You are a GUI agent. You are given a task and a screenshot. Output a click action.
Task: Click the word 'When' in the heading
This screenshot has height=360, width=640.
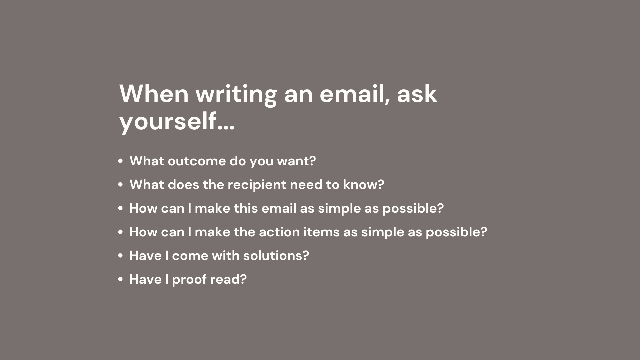[x=154, y=94]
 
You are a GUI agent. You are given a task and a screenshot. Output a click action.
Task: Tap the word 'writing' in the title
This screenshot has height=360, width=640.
[x=236, y=95]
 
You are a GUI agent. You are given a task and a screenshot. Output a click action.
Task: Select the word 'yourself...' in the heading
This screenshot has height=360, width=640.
[x=177, y=122]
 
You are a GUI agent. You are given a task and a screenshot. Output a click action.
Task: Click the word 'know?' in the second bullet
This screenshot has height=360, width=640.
[x=364, y=185]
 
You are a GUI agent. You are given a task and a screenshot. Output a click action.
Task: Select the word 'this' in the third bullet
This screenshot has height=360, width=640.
[x=246, y=208]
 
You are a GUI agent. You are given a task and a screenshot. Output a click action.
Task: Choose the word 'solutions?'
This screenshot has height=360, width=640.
[x=276, y=256]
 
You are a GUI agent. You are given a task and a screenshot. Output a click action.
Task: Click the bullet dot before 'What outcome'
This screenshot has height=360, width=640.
[x=121, y=161]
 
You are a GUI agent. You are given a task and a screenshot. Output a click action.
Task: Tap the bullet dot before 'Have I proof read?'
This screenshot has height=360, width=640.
[x=121, y=280]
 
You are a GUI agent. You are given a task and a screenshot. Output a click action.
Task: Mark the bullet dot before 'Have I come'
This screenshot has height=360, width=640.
[x=121, y=256]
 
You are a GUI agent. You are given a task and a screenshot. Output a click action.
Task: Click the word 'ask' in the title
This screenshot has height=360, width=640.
[x=417, y=94]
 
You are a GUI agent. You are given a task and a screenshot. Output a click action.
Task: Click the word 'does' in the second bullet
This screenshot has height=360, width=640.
[x=183, y=185]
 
